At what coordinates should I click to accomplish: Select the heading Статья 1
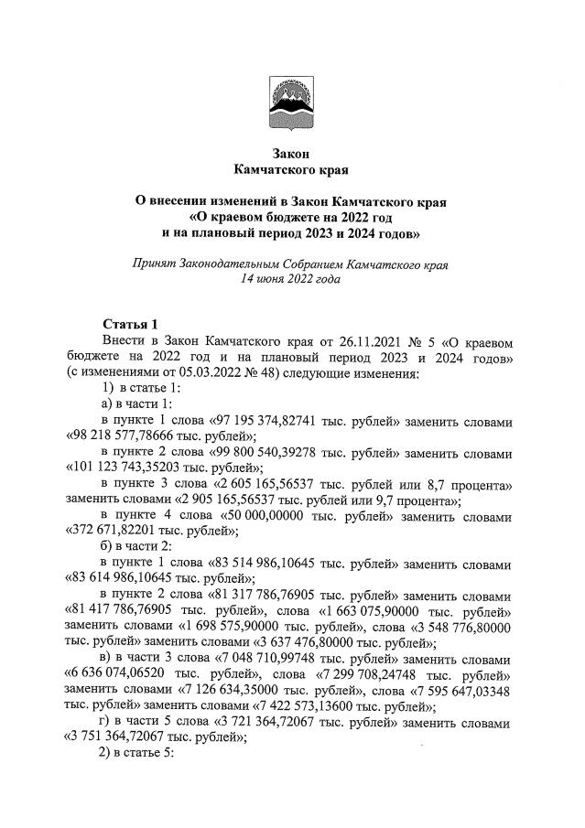[x=130, y=325]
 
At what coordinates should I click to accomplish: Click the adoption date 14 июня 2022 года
[x=290, y=281]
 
